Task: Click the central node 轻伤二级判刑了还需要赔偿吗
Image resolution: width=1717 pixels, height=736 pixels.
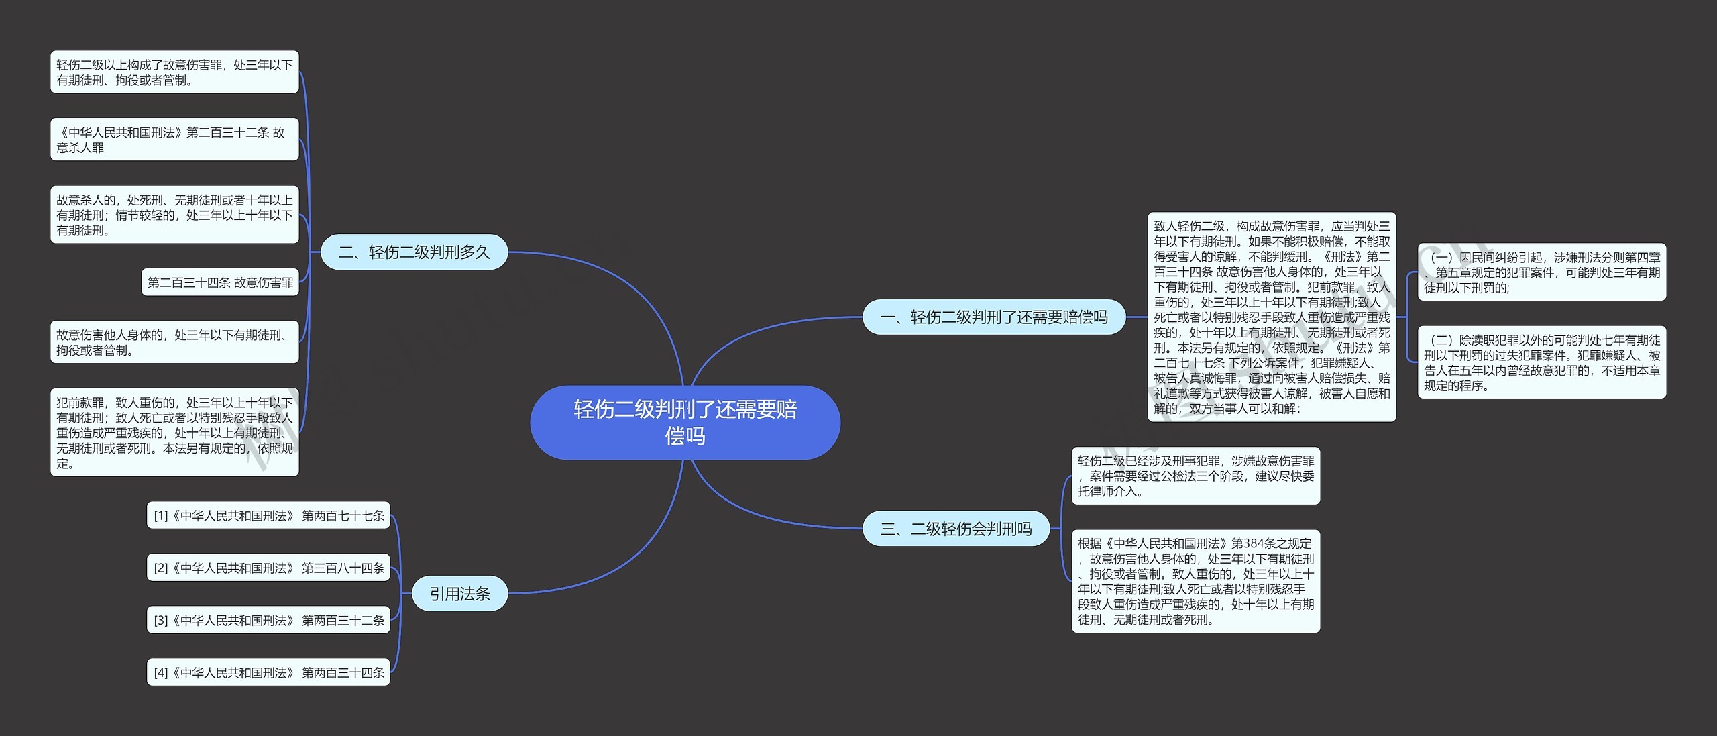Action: tap(685, 423)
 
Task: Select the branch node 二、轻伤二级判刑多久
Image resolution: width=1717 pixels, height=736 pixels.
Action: tap(414, 252)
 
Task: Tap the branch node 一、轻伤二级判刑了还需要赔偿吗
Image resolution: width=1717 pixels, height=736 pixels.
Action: tap(993, 317)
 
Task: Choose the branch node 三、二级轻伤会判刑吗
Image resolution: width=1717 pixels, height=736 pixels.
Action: tap(956, 529)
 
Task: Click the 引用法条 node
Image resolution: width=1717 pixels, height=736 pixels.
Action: tap(459, 594)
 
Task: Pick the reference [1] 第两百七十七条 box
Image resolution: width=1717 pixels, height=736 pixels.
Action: tap(268, 515)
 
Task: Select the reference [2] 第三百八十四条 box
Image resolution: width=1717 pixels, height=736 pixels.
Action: tap(268, 568)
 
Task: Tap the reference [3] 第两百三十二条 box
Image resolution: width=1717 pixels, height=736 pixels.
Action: tap(268, 620)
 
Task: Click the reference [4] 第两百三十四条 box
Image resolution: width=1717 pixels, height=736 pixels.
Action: tap(268, 672)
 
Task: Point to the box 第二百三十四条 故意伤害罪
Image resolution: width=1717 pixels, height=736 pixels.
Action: tap(220, 282)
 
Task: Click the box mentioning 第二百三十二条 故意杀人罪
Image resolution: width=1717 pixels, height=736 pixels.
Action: tap(174, 140)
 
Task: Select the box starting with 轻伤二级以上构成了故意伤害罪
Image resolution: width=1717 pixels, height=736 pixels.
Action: tap(174, 72)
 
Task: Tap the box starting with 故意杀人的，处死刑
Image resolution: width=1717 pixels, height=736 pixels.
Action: tap(174, 215)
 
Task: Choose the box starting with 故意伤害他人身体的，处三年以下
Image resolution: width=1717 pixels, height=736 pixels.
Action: tap(174, 342)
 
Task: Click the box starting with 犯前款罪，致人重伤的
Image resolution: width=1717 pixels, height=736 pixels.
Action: tap(174, 432)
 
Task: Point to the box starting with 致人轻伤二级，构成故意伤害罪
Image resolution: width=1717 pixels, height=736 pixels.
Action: tap(1272, 317)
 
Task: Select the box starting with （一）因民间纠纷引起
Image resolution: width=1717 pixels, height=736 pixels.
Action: tap(1541, 272)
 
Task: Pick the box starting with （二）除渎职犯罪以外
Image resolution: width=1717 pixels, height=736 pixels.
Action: tap(1541, 362)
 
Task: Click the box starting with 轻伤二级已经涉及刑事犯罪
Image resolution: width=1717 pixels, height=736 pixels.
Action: tap(1195, 476)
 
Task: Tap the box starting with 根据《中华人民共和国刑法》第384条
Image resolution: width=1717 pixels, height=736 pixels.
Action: tap(1195, 581)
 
